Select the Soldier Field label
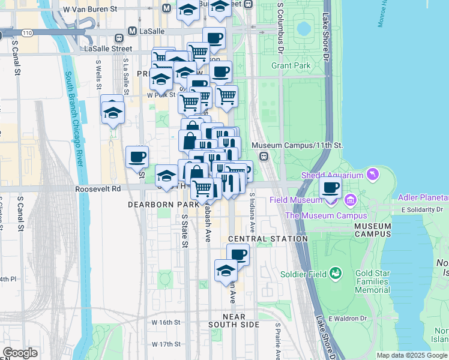[304, 274]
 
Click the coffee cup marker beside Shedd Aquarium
[330, 187]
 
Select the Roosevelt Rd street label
[98, 188]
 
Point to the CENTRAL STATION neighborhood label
[268, 238]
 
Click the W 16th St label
[166, 322]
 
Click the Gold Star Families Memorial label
[372, 281]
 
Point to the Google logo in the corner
[20, 353]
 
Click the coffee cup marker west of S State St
[137, 157]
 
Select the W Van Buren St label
[89, 10]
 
